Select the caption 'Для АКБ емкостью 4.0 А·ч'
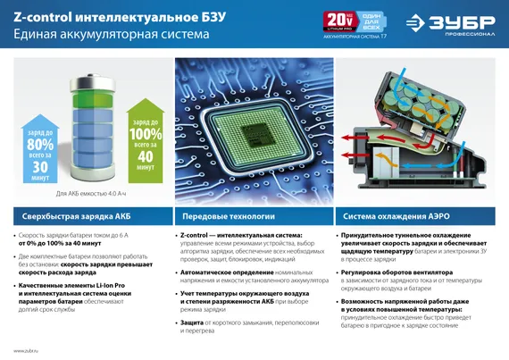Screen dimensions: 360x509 pyautogui.click(x=89, y=193)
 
